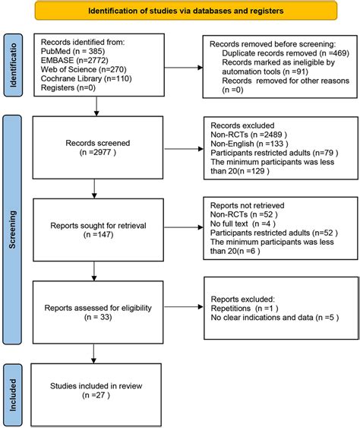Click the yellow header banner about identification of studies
(x=179, y=11)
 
